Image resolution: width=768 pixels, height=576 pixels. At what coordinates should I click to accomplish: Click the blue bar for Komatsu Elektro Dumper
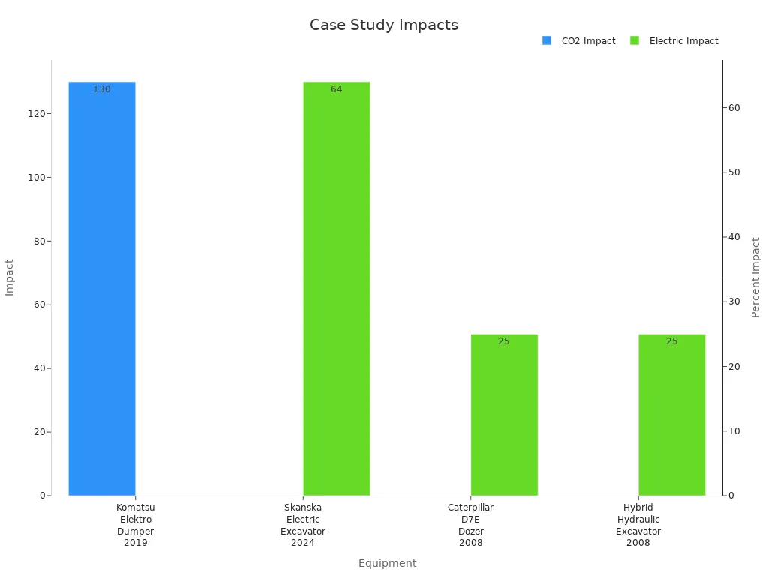102,289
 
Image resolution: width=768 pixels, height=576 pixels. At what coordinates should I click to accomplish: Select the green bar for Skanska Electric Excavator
337,289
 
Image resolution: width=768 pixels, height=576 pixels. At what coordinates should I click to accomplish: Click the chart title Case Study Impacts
384,25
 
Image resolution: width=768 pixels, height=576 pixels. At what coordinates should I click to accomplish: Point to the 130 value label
102,89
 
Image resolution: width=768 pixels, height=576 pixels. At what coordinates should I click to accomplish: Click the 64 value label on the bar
337,89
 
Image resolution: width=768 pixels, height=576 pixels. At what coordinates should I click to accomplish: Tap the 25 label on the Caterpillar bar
504,341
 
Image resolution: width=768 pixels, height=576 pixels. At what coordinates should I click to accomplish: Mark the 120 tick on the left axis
36,114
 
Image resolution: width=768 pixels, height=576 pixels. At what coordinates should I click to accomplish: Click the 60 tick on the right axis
733,108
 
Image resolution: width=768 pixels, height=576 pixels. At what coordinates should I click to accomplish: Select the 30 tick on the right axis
733,301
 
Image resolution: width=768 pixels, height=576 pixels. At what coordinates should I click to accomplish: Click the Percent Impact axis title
755,277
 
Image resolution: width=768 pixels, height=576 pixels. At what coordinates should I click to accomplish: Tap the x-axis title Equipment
387,563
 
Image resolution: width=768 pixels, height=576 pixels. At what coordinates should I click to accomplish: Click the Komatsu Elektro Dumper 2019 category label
136,525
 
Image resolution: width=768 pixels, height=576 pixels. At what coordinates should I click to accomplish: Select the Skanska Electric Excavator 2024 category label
303,525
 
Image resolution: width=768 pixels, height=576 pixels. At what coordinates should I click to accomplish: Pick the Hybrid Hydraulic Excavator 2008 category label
638,525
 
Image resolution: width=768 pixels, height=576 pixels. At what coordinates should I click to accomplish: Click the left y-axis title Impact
10,277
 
